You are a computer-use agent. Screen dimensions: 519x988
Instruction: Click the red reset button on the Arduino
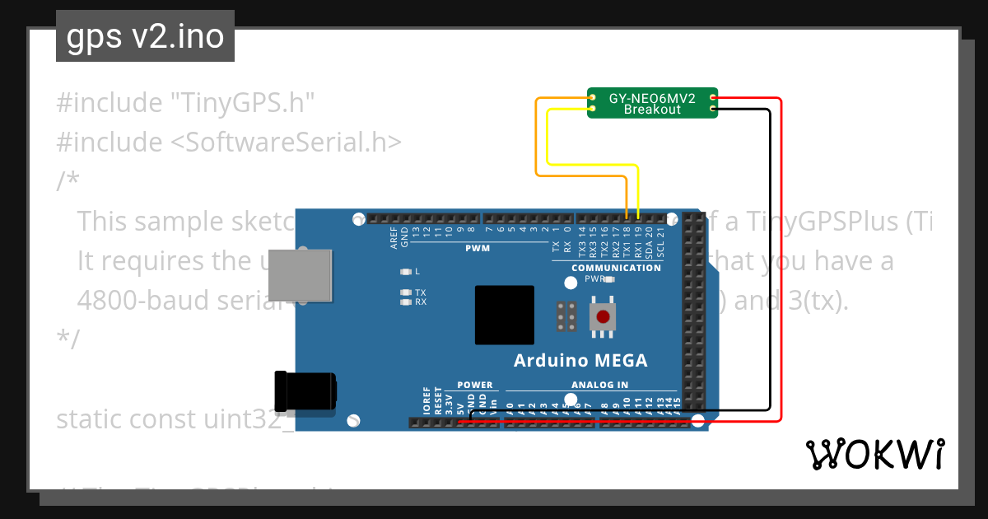coord(604,316)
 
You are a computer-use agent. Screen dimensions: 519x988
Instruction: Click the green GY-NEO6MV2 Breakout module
coord(652,103)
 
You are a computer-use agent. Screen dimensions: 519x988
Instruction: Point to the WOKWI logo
coord(875,454)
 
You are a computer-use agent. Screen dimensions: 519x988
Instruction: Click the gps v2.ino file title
coord(145,36)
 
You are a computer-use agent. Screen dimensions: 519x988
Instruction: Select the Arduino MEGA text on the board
coord(580,360)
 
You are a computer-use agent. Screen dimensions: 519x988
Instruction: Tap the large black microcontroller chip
coord(504,315)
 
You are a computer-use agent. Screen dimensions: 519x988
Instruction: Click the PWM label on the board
coord(477,247)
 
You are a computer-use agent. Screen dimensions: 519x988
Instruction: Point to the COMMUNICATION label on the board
coord(616,268)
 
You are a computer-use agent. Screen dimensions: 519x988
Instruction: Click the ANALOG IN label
coord(599,385)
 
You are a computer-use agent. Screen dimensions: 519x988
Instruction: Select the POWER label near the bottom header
coord(474,385)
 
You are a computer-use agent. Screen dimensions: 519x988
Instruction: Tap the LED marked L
coord(405,271)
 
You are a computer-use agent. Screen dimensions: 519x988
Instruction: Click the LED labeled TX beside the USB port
coord(405,292)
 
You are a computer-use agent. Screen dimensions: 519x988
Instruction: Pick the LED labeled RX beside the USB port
coord(405,302)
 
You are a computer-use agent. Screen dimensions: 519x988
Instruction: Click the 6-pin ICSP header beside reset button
coord(566,316)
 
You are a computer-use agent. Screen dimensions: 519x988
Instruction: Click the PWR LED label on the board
coord(594,279)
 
